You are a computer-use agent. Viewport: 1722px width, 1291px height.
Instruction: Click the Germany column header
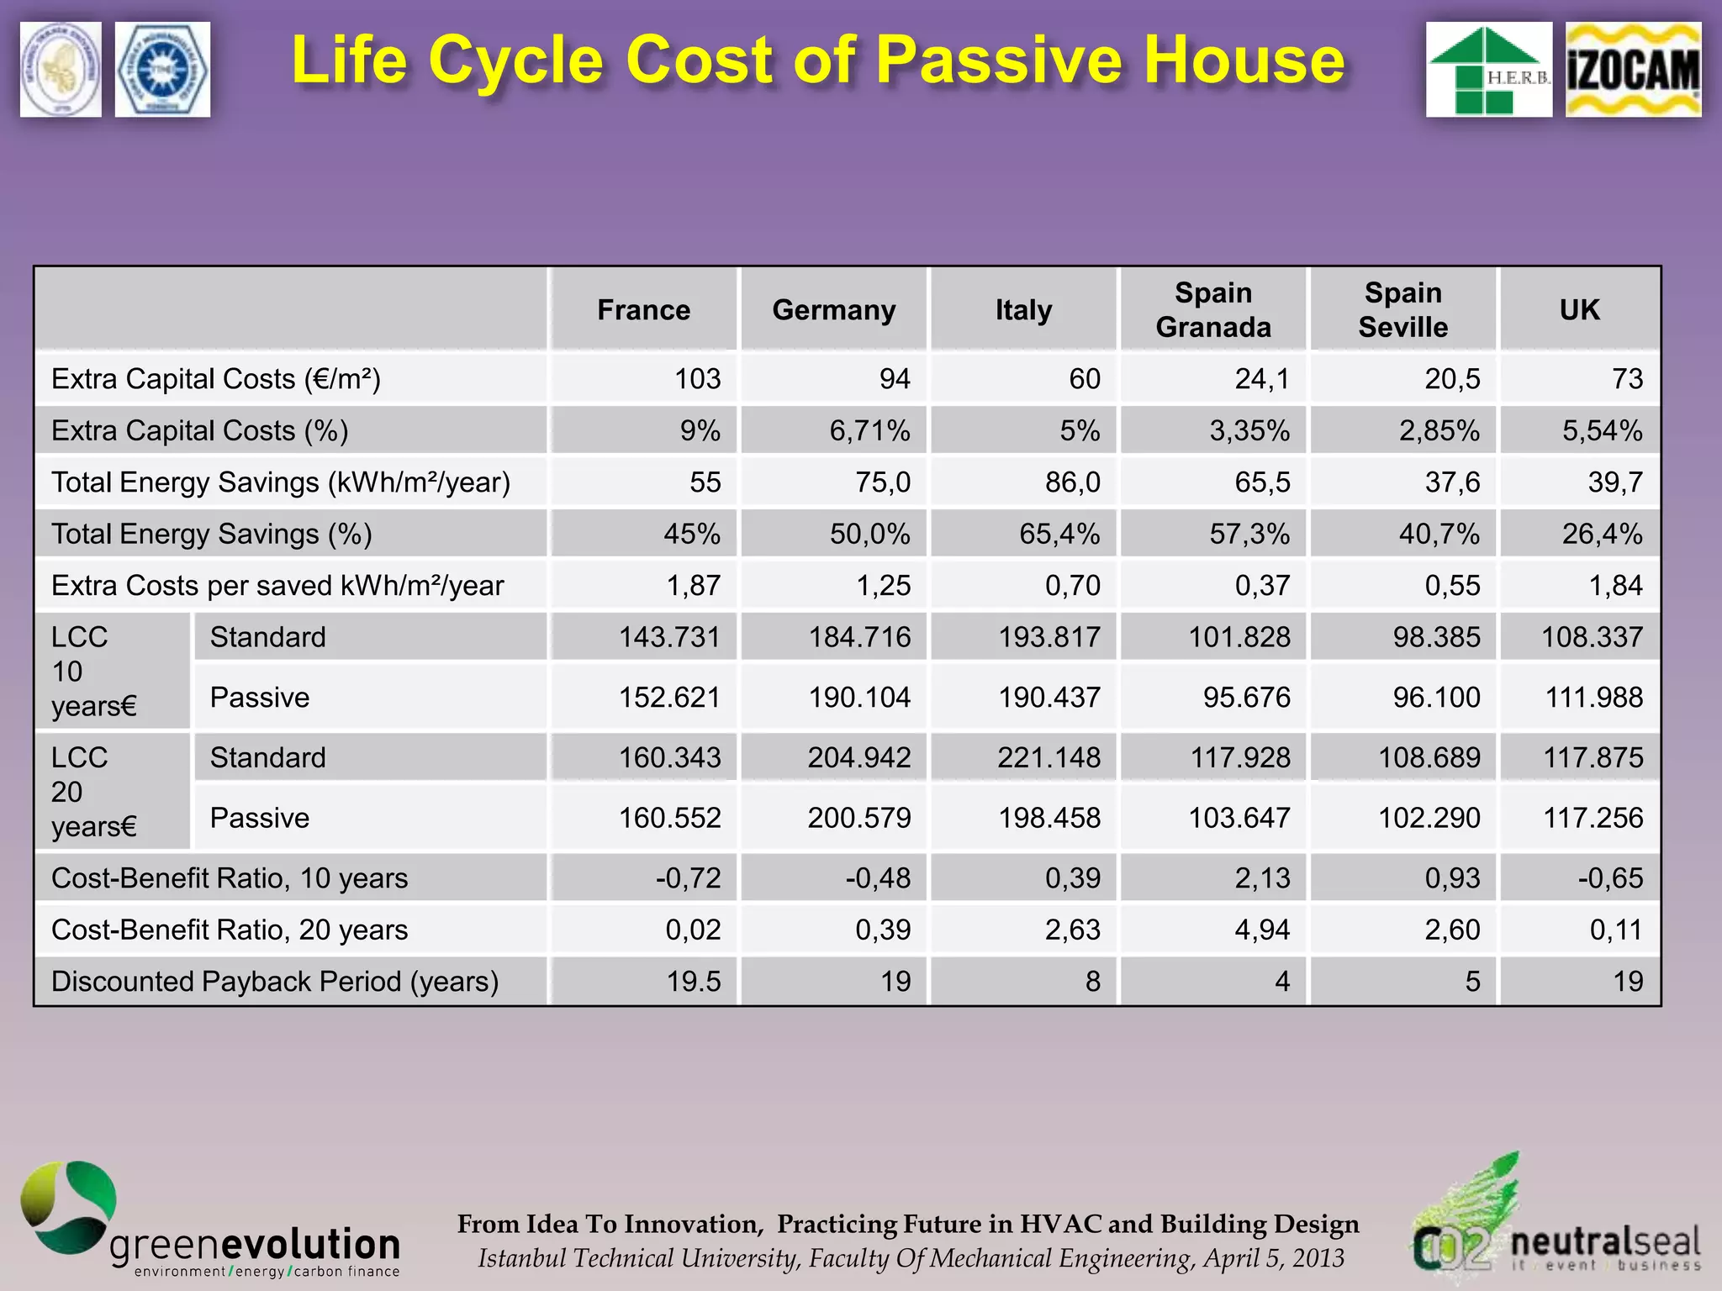pos(833,310)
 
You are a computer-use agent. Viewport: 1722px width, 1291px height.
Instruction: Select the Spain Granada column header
pos(1212,310)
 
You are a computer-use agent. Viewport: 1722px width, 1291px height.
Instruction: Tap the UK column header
pos(1579,310)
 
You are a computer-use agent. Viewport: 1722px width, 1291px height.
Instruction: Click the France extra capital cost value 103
pos(697,379)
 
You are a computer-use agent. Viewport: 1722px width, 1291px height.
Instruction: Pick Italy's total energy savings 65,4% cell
pos(1059,534)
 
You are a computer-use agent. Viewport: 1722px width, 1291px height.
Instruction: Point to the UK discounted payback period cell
pos(1627,981)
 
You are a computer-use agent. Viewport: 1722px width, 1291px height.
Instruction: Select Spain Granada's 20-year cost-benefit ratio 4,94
pos(1261,930)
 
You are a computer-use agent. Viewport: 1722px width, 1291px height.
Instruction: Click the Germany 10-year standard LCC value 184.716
pos(859,637)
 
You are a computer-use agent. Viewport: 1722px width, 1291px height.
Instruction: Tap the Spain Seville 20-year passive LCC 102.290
pos(1429,818)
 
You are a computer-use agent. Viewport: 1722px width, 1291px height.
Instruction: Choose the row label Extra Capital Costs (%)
pos(200,430)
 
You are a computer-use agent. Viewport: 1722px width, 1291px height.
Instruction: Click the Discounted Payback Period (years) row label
pos(275,981)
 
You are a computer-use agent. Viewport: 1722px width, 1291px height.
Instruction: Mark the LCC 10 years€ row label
pos(92,672)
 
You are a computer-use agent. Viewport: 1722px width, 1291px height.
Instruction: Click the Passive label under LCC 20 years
pos(260,818)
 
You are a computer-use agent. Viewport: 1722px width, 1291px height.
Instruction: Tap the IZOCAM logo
pos(1632,70)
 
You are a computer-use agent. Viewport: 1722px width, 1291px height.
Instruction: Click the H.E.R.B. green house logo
pos(1488,70)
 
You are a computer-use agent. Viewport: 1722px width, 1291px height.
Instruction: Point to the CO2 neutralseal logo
pos(1556,1227)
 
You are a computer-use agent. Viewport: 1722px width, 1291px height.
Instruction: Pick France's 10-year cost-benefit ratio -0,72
pos(688,878)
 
